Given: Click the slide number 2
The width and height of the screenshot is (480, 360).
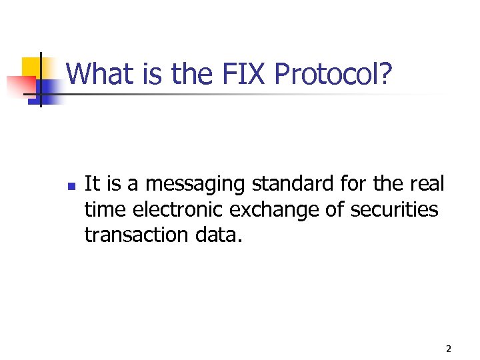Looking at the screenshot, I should [448, 349].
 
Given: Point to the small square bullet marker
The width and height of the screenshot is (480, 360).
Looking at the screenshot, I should [71, 184].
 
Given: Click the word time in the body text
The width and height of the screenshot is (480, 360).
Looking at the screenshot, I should [105, 209].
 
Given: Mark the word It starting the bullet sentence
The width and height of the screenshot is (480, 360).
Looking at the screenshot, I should [92, 183].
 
